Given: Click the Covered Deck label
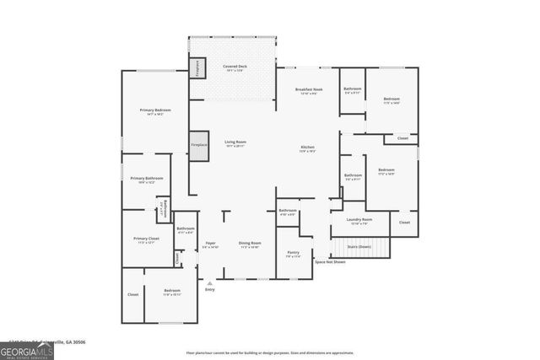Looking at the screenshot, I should pyautogui.click(x=235, y=67).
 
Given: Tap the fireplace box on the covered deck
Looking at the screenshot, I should pyautogui.click(x=196, y=68).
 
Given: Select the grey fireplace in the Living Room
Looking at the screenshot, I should pyautogui.click(x=198, y=145).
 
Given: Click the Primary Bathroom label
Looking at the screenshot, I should pyautogui.click(x=146, y=180).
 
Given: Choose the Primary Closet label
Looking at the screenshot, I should pyautogui.click(x=146, y=239).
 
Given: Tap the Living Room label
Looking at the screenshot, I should pyautogui.click(x=235, y=143).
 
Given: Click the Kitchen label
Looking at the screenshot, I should pyautogui.click(x=308, y=148).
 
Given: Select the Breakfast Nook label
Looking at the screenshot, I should pyautogui.click(x=309, y=90).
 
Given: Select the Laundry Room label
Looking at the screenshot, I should pyautogui.click(x=359, y=221).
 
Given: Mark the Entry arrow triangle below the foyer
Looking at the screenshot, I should pyautogui.click(x=209, y=283).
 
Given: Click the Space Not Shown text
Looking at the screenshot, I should pyautogui.click(x=330, y=262).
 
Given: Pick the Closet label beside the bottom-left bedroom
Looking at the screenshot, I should pyautogui.click(x=132, y=294).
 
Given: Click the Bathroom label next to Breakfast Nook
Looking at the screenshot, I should pyautogui.click(x=352, y=90).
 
